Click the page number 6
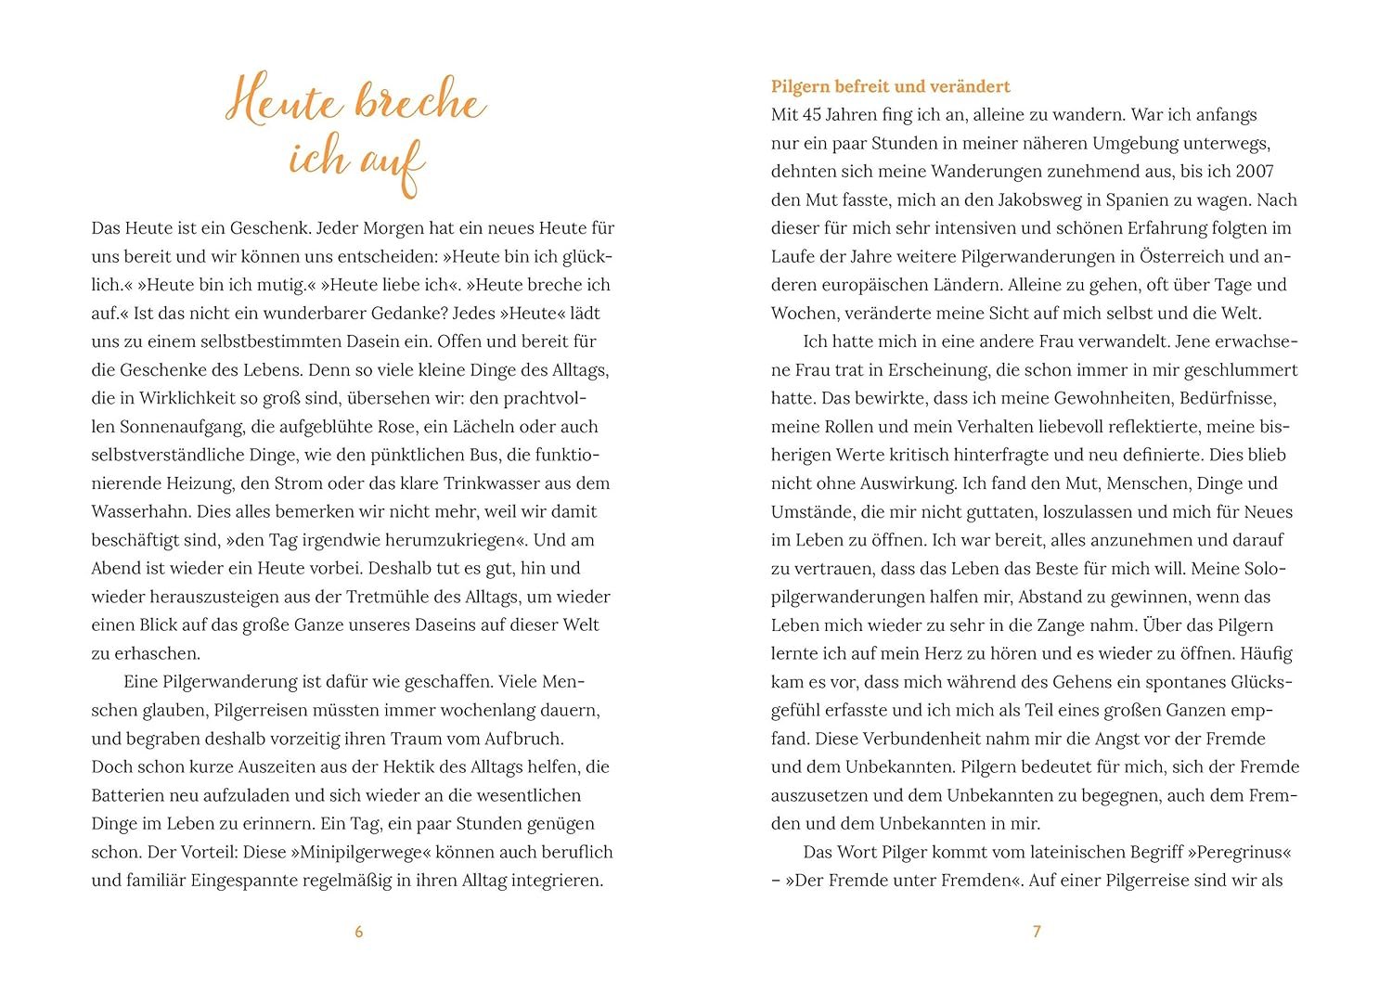pos(359,932)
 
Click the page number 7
pos(1037,932)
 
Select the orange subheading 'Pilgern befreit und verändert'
pos(890,86)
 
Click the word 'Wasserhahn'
pos(135,511)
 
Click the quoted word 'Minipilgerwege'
pos(360,852)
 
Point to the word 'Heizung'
pos(202,483)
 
